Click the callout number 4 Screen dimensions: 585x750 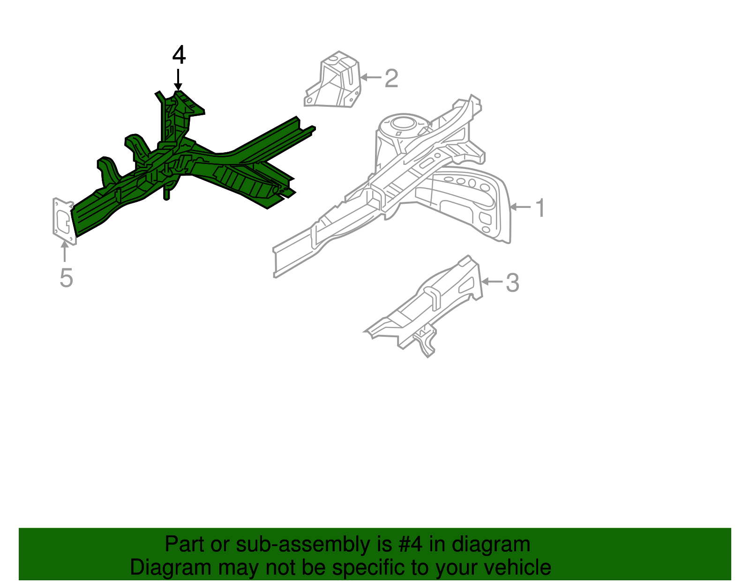point(179,55)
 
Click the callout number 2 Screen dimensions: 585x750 point(391,78)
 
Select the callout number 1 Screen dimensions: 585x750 point(540,208)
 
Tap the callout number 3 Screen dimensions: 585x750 point(513,283)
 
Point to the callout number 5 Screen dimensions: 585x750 point(66,278)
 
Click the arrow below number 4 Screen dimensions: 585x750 point(178,79)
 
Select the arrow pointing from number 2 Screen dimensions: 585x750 point(370,77)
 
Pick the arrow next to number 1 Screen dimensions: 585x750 point(521,207)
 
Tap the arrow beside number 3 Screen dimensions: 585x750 point(492,281)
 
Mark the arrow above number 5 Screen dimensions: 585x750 point(64,251)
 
